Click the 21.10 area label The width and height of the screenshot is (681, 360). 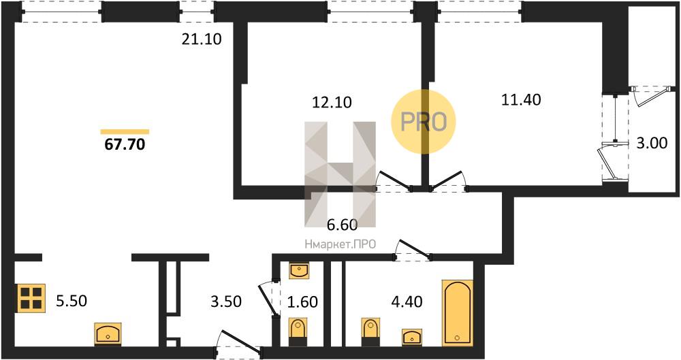(202, 39)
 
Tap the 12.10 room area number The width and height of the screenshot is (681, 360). (332, 103)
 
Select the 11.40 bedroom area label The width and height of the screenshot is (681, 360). (521, 100)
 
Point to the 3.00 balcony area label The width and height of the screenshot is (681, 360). (652, 143)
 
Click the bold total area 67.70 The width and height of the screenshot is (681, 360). (125, 144)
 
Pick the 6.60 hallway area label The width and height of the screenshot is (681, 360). (343, 225)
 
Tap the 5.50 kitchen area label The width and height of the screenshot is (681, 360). (72, 301)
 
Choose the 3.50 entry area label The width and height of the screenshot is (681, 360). (226, 301)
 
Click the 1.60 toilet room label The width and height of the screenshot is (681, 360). (303, 301)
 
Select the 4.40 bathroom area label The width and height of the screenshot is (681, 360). (407, 301)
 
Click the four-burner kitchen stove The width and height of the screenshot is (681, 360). (31, 298)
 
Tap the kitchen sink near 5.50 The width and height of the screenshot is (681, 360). (108, 334)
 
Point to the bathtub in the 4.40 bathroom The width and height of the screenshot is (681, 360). (458, 312)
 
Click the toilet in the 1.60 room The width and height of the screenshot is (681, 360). (298, 332)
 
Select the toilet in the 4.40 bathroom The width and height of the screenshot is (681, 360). (370, 332)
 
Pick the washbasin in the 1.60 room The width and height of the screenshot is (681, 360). (299, 271)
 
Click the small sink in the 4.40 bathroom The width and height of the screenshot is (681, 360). (412, 337)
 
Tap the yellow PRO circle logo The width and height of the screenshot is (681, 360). (424, 121)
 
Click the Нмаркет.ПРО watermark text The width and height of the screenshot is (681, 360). (340, 244)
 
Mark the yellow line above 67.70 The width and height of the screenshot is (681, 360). (125, 131)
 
